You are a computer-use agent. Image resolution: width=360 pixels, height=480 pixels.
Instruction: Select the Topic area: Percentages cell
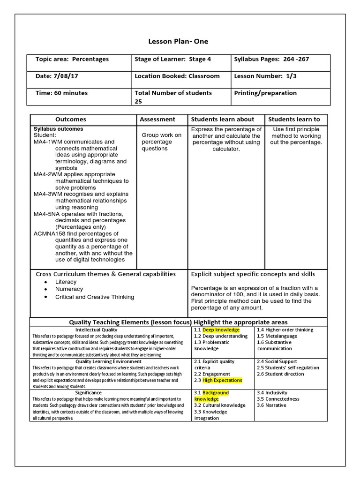(72, 59)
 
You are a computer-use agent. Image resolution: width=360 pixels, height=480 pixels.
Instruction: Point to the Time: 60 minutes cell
(61, 93)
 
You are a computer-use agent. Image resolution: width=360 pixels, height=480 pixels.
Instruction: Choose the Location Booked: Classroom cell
(177, 76)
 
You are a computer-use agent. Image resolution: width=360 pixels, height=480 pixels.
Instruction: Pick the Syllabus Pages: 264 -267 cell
(271, 59)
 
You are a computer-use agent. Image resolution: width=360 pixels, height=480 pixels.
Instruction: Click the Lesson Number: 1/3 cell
(264, 76)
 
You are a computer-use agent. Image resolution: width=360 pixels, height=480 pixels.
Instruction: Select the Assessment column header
(157, 120)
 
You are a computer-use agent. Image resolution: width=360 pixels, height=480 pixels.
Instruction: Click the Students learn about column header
(222, 120)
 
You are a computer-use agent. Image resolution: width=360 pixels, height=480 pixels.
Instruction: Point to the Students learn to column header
(294, 120)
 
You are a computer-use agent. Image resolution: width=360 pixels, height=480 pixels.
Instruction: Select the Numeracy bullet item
(69, 289)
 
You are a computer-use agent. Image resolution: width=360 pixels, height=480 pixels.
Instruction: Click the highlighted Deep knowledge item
(221, 330)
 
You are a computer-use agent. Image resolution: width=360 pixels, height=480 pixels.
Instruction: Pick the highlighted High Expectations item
(222, 380)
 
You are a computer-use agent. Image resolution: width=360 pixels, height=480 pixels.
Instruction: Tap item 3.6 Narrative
(271, 405)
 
